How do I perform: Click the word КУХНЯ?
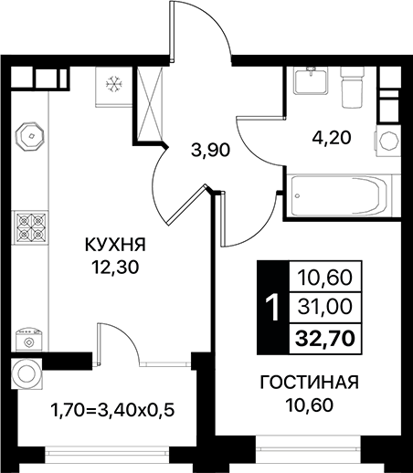coord(114,244)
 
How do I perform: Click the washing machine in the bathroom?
coord(389,142)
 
